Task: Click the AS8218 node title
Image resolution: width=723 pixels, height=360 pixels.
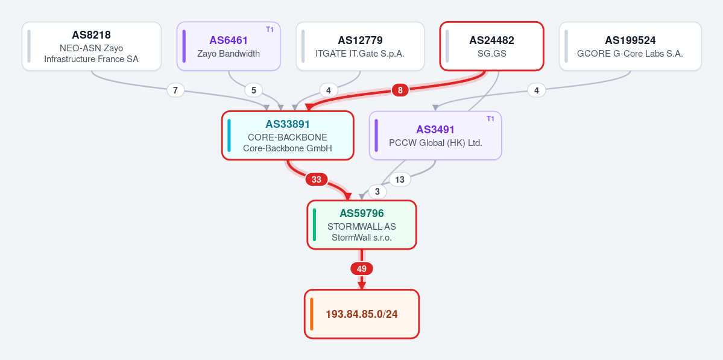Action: point(91,35)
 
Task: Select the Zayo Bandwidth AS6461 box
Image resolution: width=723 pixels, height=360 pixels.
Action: point(229,46)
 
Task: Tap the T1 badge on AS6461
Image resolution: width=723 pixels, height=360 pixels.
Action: point(270,30)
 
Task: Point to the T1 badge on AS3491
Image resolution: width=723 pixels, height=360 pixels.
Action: point(491,119)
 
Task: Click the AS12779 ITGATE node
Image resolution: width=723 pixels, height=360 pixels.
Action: point(360,46)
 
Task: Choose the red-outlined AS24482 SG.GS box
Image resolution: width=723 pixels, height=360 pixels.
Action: point(492,46)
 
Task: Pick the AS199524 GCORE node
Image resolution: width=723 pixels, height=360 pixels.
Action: point(630,46)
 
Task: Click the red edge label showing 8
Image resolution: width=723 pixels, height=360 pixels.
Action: point(400,90)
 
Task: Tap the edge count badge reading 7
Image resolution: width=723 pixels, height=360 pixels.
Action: point(175,90)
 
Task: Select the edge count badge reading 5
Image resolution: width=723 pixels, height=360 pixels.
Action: point(254,90)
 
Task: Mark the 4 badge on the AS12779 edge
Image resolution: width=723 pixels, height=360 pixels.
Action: point(328,90)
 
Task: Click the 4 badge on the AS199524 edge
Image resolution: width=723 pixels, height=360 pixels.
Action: point(536,90)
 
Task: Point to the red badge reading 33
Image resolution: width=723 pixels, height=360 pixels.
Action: point(317,179)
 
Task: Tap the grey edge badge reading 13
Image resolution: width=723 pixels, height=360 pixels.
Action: point(400,179)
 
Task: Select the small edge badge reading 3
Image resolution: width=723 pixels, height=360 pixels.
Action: point(377,192)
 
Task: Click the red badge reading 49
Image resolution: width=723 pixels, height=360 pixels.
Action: point(362,269)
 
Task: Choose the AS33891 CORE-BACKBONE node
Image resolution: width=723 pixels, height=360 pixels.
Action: point(288,136)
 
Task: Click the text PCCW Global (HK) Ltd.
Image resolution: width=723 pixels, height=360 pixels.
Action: point(436,143)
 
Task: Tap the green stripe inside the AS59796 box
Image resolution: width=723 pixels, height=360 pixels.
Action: point(315,225)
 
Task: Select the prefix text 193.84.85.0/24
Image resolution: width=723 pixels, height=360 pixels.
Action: point(362,314)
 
